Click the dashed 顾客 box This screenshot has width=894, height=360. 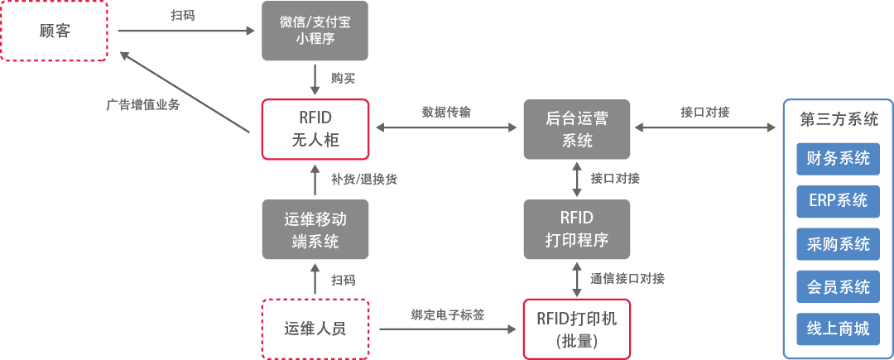tap(55, 31)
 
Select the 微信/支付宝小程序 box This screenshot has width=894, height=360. tap(315, 31)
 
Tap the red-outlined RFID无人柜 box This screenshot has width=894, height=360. tap(315, 129)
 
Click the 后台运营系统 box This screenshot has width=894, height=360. tap(577, 129)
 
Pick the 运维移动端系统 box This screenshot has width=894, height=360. tap(315, 230)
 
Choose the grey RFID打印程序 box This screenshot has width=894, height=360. tap(577, 229)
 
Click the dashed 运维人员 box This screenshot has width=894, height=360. tap(315, 329)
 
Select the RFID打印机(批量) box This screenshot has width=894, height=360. tap(577, 329)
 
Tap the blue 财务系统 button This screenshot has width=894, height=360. tap(838, 159)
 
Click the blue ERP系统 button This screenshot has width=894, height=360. tap(838, 200)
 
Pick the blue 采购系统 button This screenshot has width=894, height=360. tap(838, 243)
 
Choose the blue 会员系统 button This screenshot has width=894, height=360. tap(838, 286)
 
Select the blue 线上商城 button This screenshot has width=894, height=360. tap(838, 329)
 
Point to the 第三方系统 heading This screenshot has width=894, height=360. tap(839, 119)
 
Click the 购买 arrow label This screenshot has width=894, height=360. tap(343, 79)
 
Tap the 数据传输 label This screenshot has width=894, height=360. tap(446, 113)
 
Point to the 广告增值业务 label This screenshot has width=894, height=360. tap(143, 106)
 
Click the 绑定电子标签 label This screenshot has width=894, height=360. tap(448, 314)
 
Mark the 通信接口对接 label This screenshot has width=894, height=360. tap(627, 278)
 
